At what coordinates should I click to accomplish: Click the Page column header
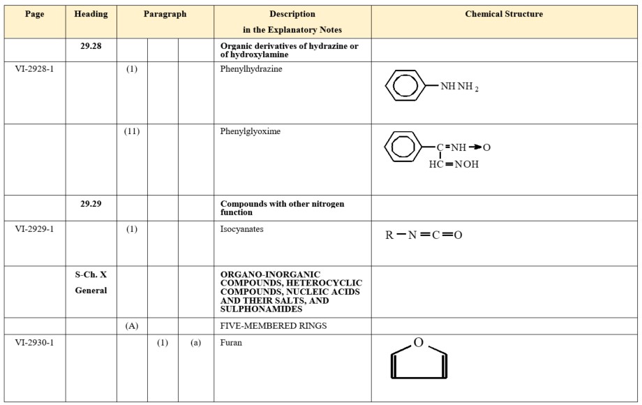34,14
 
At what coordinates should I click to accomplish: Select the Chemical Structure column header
504,14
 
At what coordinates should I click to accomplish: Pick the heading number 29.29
91,204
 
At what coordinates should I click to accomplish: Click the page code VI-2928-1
34,70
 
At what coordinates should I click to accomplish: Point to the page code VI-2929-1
34,229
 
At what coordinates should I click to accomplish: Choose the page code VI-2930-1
34,343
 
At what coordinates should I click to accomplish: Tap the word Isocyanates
241,229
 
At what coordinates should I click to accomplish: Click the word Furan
231,343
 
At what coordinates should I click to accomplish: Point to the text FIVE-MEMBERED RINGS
274,325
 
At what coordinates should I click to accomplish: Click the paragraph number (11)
131,131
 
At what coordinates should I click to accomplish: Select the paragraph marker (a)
195,343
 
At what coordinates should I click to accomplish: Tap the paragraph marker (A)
131,325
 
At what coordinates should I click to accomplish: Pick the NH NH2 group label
459,87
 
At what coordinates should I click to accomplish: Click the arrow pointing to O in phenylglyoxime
474,147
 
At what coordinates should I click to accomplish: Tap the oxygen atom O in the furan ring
418,342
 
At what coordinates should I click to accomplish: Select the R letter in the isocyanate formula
389,235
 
